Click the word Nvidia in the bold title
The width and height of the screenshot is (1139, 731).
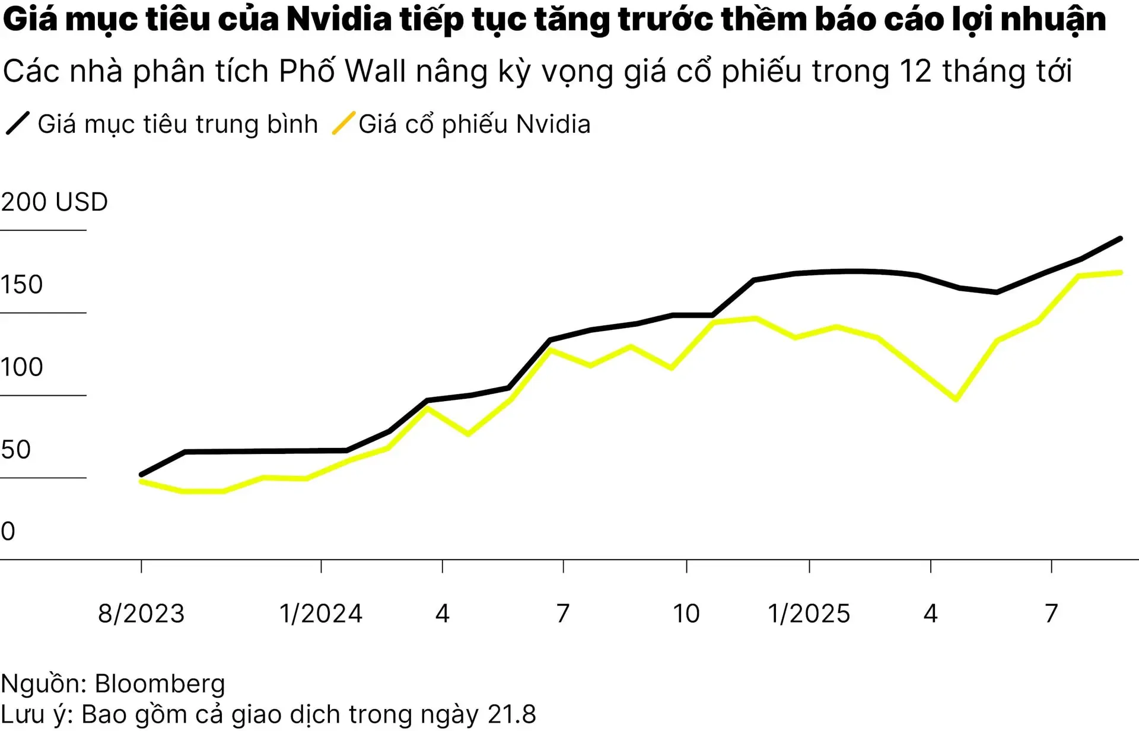(x=338, y=19)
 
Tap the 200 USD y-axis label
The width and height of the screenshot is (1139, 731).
(x=54, y=202)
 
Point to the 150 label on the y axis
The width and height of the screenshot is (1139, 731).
(x=22, y=285)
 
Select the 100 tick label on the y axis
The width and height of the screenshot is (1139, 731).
(x=22, y=367)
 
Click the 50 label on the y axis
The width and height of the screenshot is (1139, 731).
(x=16, y=450)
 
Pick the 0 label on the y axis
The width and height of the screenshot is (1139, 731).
(x=8, y=532)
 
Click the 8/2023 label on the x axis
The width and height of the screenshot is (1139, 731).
(x=141, y=614)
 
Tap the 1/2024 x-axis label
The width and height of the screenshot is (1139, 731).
(x=321, y=614)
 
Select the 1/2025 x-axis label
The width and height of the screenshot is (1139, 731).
(x=809, y=614)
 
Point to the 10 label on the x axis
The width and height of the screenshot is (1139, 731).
(x=686, y=614)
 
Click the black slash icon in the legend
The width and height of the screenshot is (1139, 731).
(x=17, y=124)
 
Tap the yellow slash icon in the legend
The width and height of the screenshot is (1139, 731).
(x=343, y=123)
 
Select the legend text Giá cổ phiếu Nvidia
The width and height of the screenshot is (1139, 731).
(x=475, y=125)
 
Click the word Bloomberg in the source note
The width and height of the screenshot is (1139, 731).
(x=160, y=684)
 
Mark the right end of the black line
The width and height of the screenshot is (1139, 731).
(x=1120, y=239)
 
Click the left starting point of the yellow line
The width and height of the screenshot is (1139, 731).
(x=141, y=482)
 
